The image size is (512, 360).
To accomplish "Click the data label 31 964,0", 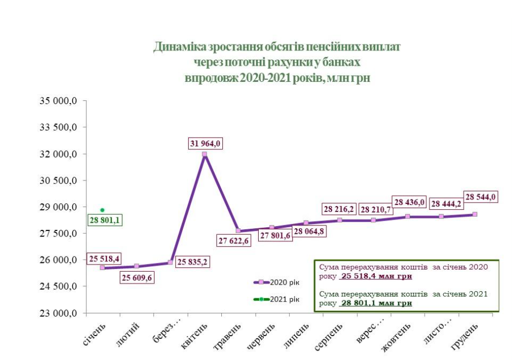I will [206, 143].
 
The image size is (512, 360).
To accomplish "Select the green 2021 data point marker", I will [102, 210].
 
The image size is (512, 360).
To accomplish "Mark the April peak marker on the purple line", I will [204, 154].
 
